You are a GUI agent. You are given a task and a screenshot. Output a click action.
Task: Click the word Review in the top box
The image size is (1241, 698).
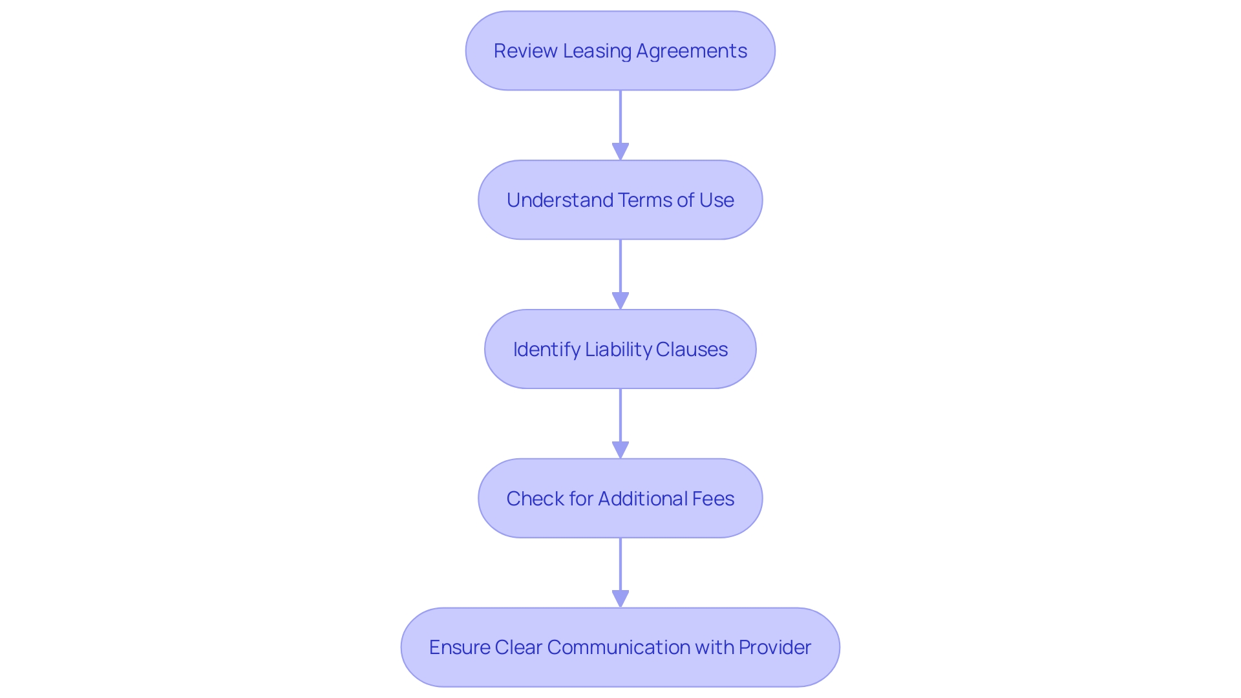525,51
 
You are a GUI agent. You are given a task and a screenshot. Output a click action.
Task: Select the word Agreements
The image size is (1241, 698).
692,51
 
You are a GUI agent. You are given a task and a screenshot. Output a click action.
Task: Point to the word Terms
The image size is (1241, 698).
644,200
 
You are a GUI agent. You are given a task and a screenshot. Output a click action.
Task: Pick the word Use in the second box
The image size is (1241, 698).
716,200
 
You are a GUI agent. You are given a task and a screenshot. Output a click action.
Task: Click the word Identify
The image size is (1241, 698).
546,350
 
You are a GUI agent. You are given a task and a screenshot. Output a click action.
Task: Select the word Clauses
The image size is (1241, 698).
692,350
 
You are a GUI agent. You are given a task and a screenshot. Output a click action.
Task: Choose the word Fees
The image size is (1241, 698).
713,499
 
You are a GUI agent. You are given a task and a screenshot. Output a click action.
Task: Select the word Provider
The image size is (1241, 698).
774,648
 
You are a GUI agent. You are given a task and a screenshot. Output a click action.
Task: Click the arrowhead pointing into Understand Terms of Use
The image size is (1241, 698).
620,152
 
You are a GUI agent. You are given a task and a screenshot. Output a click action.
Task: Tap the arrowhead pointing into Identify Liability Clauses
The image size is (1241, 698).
620,301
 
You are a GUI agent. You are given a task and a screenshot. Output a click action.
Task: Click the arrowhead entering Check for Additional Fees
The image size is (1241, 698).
620,450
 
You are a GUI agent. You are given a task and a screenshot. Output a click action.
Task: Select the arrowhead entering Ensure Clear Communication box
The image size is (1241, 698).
620,599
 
